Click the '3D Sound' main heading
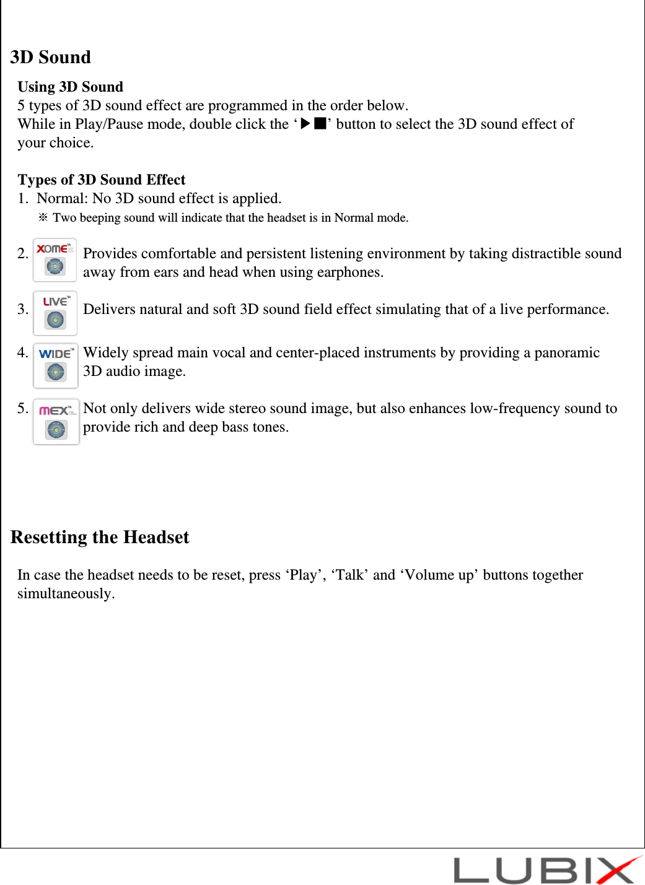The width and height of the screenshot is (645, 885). pos(51,57)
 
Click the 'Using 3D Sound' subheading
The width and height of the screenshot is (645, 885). pos(71,87)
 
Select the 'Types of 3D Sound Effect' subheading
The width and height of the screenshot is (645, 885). pos(102,180)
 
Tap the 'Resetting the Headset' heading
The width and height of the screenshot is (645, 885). pos(100,537)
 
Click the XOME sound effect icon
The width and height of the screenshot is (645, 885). pos(55,259)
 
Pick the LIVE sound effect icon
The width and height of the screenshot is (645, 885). pos(55,313)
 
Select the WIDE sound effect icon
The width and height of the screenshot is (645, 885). pos(56,365)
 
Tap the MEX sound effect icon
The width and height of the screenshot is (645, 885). pos(56,421)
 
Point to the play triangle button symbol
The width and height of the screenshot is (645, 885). pos(305,123)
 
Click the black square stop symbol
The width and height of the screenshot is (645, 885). pos(320,123)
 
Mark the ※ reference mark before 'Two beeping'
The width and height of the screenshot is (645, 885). pos(43,217)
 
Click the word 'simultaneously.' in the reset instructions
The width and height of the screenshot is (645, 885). pos(66,593)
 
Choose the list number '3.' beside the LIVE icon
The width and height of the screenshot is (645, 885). pos(23,309)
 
